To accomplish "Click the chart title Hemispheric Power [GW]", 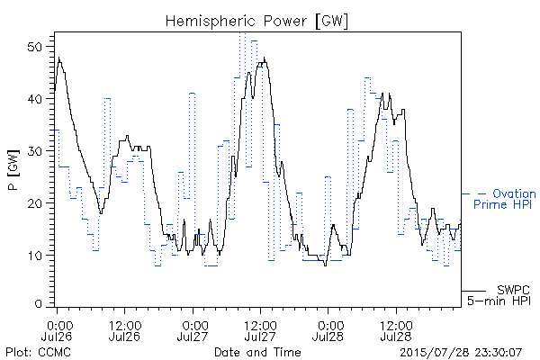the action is pyautogui.click(x=256, y=21).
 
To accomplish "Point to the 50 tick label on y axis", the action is pyautogui.click(x=34, y=47).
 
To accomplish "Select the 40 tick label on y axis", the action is pyautogui.click(x=34, y=99).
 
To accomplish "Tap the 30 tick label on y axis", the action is pyautogui.click(x=34, y=151).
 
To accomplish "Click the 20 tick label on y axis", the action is pyautogui.click(x=34, y=202).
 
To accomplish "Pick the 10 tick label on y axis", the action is pyautogui.click(x=34, y=256).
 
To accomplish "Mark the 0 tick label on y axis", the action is pyautogui.click(x=38, y=304).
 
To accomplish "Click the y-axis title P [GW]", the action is pyautogui.click(x=13, y=170).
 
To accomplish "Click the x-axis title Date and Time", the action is pyautogui.click(x=257, y=353).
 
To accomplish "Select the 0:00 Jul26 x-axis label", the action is pyautogui.click(x=57, y=330).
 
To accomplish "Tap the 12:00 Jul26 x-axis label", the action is pyautogui.click(x=125, y=330).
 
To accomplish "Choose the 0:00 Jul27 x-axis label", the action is pyautogui.click(x=193, y=330).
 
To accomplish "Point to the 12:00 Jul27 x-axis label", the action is pyautogui.click(x=260, y=330).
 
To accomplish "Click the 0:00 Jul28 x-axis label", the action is pyautogui.click(x=328, y=330).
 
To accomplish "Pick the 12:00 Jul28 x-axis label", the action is pyautogui.click(x=396, y=330).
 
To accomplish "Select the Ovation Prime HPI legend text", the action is pyautogui.click(x=505, y=199).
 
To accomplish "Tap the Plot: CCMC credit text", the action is pyautogui.click(x=38, y=353).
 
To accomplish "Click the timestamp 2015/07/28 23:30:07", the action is pyautogui.click(x=461, y=353).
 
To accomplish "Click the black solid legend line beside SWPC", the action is pyautogui.click(x=473, y=291).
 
